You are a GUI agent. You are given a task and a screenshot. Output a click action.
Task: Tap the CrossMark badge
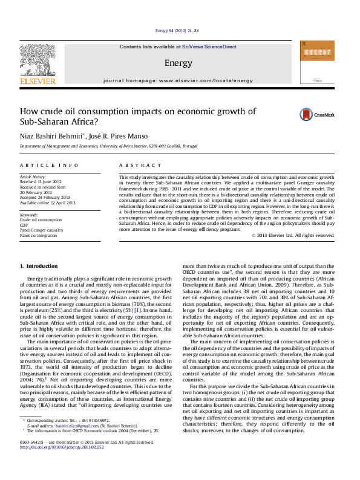(311, 114)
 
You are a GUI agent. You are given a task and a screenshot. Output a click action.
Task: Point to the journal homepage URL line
(178, 80)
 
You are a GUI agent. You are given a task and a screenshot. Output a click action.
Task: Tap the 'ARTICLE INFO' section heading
(49, 165)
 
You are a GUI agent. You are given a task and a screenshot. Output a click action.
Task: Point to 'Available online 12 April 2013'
(47, 203)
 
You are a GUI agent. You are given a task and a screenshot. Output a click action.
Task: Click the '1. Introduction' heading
(39, 266)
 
